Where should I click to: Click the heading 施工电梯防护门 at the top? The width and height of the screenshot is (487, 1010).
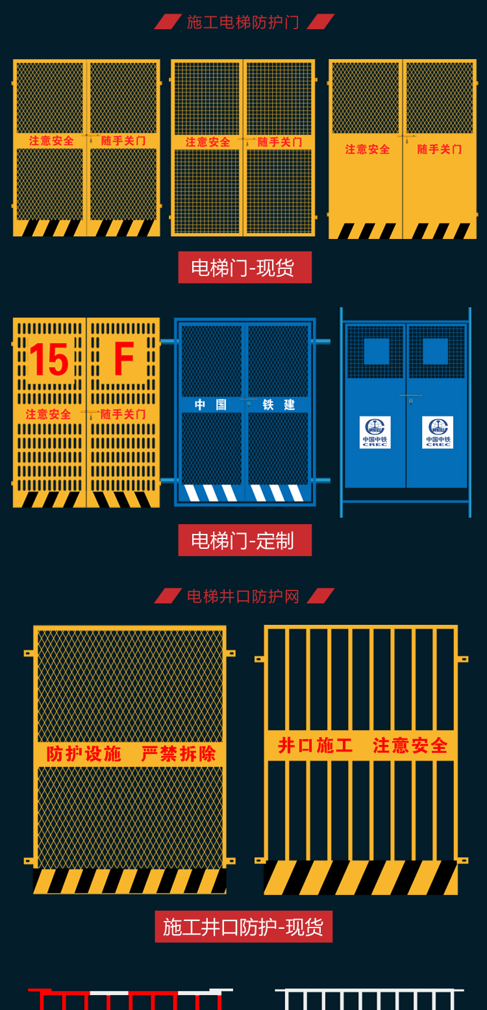point(243,21)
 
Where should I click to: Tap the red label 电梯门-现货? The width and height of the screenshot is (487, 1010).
point(245,268)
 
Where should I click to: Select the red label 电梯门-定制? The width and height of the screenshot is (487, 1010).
point(245,540)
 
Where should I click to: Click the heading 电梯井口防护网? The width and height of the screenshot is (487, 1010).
point(243,596)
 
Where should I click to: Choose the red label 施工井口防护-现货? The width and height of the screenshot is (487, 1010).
point(243,927)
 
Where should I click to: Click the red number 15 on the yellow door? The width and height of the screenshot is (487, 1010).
point(49,359)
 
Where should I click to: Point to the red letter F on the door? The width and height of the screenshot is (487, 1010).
point(124,359)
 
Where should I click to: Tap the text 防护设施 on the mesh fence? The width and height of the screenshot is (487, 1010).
point(84,753)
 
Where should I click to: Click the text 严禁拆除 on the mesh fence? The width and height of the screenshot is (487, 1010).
point(179,753)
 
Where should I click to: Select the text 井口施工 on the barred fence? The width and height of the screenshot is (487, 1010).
point(315,746)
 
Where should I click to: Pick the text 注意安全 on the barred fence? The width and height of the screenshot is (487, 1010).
point(410,746)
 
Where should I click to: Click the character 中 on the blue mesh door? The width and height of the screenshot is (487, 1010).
point(200,405)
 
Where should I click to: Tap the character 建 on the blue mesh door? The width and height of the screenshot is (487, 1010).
point(290,405)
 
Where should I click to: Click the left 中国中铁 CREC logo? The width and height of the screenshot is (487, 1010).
point(375,432)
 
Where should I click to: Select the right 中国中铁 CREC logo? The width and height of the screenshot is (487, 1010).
point(438,432)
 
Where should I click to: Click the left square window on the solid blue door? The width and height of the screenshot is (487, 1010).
point(377,351)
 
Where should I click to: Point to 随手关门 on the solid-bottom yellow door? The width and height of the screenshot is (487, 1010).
point(440,149)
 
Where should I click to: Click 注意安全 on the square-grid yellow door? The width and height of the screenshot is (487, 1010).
point(208,142)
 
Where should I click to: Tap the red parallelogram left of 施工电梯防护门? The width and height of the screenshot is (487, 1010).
point(168,21)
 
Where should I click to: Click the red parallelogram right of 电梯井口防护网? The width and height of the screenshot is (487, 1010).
point(321,596)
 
